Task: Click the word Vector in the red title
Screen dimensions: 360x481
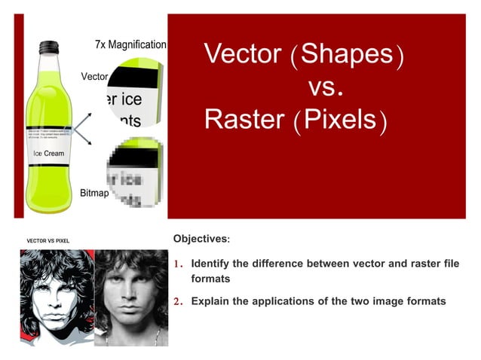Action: pyautogui.click(x=242, y=55)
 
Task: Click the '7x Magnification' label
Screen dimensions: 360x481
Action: pyautogui.click(x=130, y=45)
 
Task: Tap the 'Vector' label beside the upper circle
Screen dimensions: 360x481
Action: pyautogui.click(x=94, y=77)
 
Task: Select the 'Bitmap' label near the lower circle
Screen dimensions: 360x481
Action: pyautogui.click(x=94, y=193)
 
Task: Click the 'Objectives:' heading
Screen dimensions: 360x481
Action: pyautogui.click(x=201, y=239)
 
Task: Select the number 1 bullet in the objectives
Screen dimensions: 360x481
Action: pyautogui.click(x=179, y=264)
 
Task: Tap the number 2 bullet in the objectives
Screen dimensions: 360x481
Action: pyautogui.click(x=179, y=301)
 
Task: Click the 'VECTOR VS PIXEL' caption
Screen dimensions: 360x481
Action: pyautogui.click(x=47, y=240)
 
